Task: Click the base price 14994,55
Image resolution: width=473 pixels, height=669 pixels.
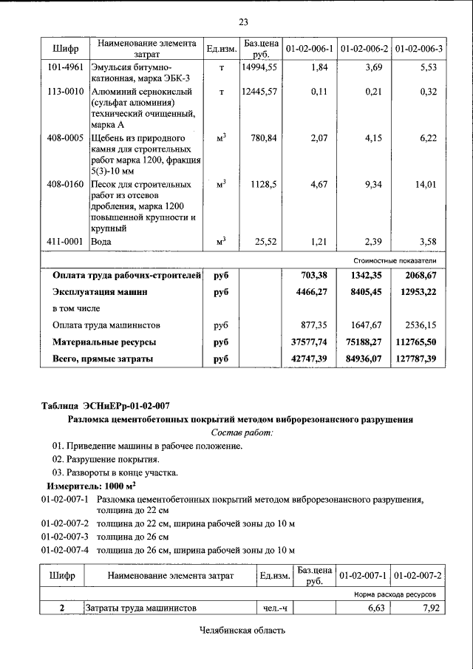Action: pos(259,67)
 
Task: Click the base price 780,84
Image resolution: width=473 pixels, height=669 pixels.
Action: pos(263,138)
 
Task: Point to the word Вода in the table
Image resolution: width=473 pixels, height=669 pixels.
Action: pos(101,241)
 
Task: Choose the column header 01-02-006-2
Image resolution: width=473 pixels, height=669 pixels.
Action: pos(364,50)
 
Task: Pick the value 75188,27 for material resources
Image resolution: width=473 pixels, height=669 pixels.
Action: pos(364,342)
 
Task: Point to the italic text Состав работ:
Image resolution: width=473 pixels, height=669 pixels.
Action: pos(242,432)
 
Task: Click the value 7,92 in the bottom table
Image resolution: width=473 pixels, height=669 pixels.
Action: pos(429,608)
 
